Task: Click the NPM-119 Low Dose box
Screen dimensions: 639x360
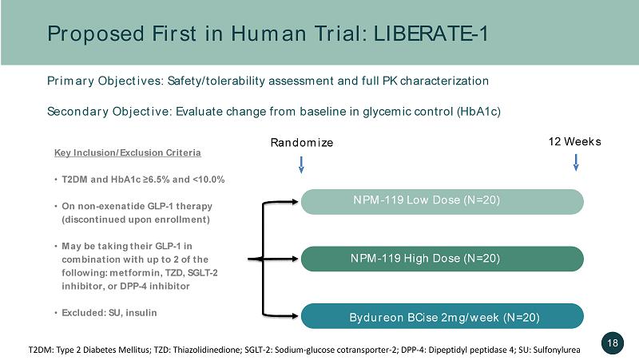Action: pyautogui.click(x=443, y=202)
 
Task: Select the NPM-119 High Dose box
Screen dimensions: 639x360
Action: pyautogui.click(x=443, y=259)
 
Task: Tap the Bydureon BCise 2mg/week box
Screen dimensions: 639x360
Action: pyautogui.click(x=443, y=316)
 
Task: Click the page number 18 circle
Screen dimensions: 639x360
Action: pyautogui.click(x=613, y=343)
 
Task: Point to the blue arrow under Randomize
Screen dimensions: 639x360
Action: pyautogui.click(x=301, y=164)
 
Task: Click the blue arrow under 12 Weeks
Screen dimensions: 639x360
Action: pyautogui.click(x=576, y=162)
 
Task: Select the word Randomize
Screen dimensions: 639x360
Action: pyautogui.click(x=302, y=143)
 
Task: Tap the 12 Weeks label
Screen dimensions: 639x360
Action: pyautogui.click(x=574, y=142)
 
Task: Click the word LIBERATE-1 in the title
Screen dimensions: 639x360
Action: pyautogui.click(x=431, y=34)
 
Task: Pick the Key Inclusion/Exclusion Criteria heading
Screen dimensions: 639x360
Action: pyautogui.click(x=128, y=152)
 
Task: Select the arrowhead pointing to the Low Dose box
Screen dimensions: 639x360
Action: pyautogui.click(x=295, y=202)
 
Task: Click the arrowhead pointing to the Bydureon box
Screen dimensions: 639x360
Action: pyautogui.click(x=295, y=315)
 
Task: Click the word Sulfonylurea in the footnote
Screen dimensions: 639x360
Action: pyautogui.click(x=557, y=350)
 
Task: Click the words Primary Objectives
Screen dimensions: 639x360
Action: pyautogui.click(x=105, y=81)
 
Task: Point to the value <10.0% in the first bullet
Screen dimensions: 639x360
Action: pyautogui.click(x=208, y=180)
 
